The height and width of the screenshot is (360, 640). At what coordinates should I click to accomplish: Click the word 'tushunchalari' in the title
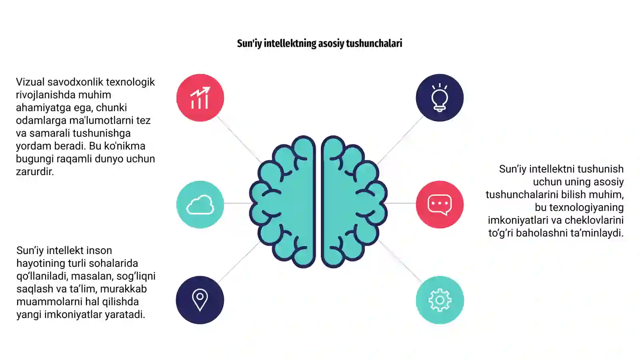[x=374, y=44]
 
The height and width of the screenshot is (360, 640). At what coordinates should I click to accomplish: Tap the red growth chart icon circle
[x=200, y=98]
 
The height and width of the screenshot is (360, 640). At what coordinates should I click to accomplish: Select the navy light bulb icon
[x=440, y=98]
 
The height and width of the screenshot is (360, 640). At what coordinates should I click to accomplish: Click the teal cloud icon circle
[x=200, y=204]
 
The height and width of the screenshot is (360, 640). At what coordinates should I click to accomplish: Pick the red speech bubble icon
[x=440, y=204]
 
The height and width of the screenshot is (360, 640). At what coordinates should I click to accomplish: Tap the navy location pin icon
[x=200, y=300]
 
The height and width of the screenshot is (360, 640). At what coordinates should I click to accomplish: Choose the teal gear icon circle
[x=440, y=300]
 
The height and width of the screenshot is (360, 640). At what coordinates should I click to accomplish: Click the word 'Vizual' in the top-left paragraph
[x=30, y=82]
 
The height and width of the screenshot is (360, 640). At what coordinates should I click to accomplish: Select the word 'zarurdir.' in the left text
[x=35, y=172]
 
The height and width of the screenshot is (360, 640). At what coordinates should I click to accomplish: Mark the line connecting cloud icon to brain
[x=237, y=203]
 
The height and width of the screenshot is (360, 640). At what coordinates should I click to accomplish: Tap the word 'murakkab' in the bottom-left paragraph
[x=124, y=289]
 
